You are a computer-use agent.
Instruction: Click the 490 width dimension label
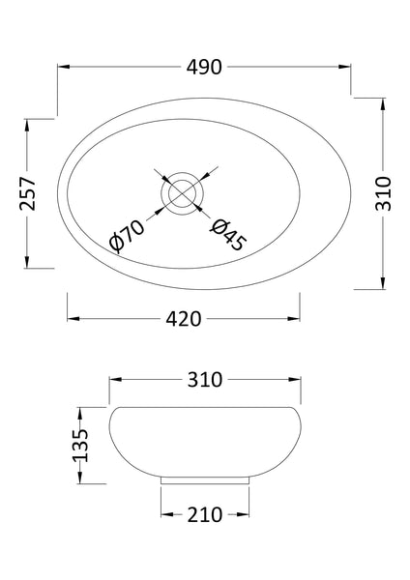pos(205,68)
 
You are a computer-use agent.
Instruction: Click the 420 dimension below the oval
pos(183,319)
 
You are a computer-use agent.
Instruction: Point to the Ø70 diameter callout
pos(128,235)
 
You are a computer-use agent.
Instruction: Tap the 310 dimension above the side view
pos(205,380)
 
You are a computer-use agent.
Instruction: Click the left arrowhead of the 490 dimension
pos(62,68)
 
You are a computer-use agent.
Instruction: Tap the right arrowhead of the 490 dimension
pos(348,68)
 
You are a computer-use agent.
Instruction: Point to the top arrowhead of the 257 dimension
pos(27,122)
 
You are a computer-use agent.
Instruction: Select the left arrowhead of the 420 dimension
pos(70,319)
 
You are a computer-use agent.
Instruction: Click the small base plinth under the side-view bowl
pos(206,478)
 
